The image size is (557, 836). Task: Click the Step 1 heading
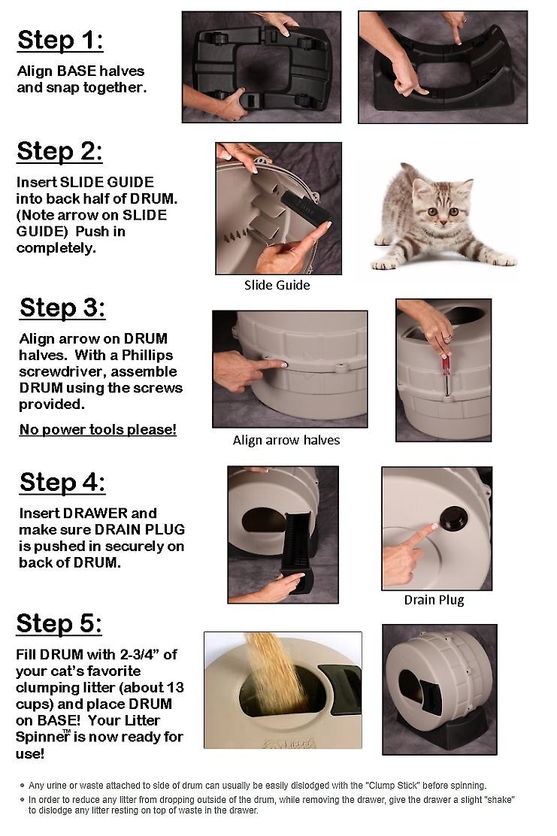click(x=60, y=41)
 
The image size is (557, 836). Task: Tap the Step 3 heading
click(x=62, y=308)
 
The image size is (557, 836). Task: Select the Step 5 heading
click(x=59, y=624)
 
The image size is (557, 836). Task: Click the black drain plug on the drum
click(x=453, y=517)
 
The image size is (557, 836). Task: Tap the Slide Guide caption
click(x=277, y=285)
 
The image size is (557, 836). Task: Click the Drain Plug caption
click(x=434, y=601)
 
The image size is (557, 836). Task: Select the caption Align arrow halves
click(x=286, y=441)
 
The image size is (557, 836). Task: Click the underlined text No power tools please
click(x=98, y=430)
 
